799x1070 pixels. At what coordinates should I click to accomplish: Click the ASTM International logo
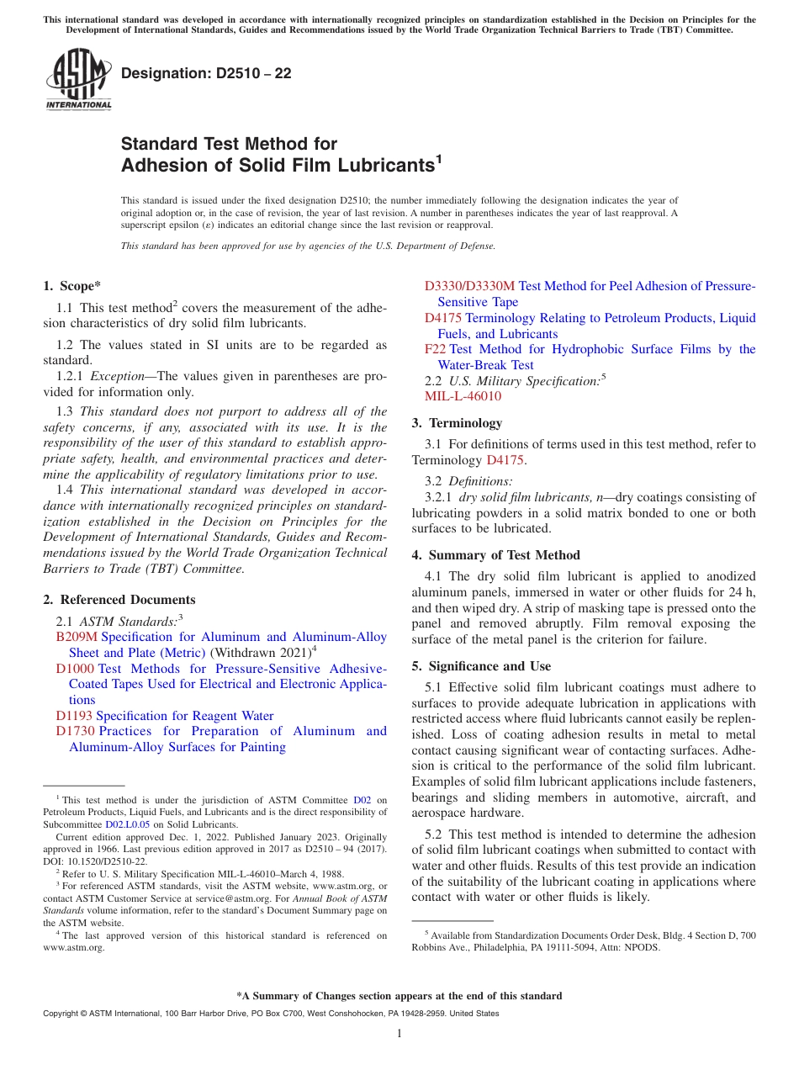[78, 81]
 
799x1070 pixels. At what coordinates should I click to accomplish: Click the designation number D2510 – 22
[206, 73]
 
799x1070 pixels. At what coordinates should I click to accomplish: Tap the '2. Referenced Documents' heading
[119, 600]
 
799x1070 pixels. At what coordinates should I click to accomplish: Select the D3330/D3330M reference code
[469, 286]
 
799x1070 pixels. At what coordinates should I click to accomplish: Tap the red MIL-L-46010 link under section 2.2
[463, 396]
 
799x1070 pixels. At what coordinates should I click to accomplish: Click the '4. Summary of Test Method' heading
[495, 555]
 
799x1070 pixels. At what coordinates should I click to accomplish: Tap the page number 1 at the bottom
[399, 1033]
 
